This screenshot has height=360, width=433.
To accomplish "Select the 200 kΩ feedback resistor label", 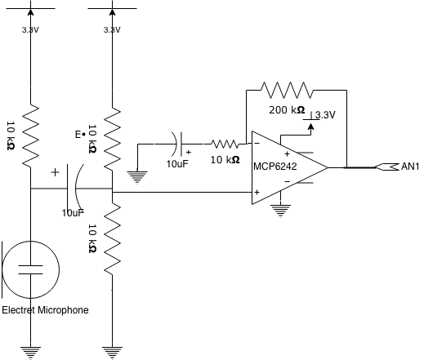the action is tap(287, 110).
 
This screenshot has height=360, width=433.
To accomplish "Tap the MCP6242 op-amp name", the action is tap(275, 167).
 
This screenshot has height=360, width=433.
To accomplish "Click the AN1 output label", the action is tap(410, 167).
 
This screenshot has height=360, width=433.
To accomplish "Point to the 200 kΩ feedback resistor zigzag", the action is tap(288, 90).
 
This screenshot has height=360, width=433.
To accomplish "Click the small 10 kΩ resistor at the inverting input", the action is tap(225, 144).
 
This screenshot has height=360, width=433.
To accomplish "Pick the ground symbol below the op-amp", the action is tap(280, 211).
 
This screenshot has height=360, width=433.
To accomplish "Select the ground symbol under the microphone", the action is tap(31, 353).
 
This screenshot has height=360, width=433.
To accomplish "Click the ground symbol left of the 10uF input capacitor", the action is tap(137, 177).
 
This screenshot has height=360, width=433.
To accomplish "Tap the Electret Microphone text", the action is tap(45, 310).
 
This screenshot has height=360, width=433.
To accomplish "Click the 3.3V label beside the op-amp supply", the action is tap(325, 115).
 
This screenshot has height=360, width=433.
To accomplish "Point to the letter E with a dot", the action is tap(80, 135).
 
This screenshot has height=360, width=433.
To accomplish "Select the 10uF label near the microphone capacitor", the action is tap(73, 213).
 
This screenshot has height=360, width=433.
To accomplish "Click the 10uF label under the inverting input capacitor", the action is tap(177, 164).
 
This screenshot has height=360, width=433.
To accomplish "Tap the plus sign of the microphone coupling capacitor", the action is tap(56, 172).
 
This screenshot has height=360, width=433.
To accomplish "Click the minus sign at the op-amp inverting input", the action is tap(257, 143).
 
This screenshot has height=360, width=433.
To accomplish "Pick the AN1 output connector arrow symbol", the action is tap(387, 167).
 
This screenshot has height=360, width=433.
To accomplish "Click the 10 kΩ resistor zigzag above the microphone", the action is tap(31, 136).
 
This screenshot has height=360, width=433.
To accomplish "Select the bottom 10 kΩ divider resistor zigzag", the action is tap(112, 238).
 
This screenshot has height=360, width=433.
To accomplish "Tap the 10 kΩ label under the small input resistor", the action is tap(225, 160).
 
